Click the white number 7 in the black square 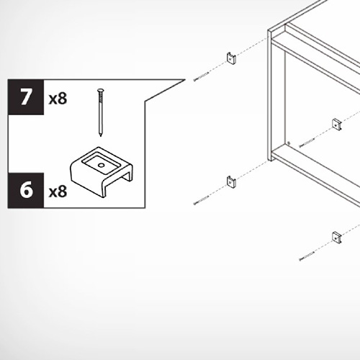[26, 97]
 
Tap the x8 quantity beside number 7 [58, 99]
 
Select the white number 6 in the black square [26, 189]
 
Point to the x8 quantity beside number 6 [58, 192]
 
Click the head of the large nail [101, 91]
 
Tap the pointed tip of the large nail [101, 136]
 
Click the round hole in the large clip [101, 166]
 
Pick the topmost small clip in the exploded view [231, 58]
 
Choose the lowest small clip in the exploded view [337, 238]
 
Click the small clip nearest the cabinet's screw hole [337, 125]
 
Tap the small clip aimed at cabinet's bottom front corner [231, 181]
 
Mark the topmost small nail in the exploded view [202, 77]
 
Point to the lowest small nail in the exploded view [307, 256]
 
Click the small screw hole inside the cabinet [289, 143]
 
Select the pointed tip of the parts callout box [185, 80]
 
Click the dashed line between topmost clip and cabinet [252, 47]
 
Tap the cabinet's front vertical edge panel [270, 95]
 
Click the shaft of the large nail [100, 113]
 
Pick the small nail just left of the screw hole [307, 143]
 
